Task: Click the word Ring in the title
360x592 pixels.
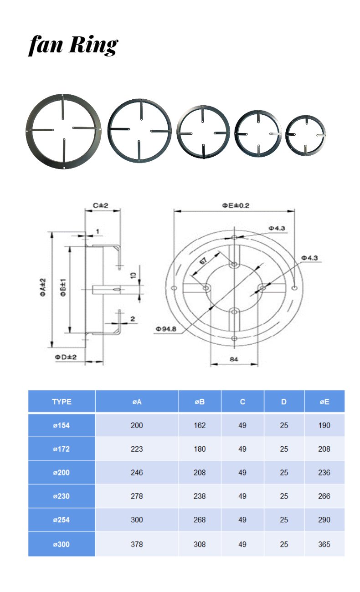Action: coord(93,45)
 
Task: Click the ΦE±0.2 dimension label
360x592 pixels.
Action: coord(236,206)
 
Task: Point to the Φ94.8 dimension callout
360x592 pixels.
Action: coord(166,329)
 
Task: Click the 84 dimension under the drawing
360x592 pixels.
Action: coord(234,359)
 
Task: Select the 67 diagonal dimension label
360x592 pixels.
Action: coord(203,261)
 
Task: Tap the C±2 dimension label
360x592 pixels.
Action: coord(101,206)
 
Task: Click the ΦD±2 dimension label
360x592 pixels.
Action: coord(66,357)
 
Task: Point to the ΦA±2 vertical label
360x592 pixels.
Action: coord(43,287)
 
